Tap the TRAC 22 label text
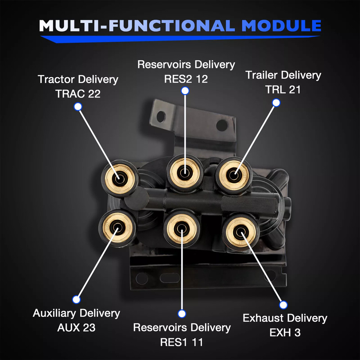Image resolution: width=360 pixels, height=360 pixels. tap(78, 93)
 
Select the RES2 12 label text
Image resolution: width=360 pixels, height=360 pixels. tap(186, 79)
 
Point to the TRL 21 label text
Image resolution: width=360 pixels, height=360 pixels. tap(283, 90)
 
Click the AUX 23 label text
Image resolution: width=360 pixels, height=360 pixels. tap(76, 327)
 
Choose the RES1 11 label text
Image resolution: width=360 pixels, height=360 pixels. tap(181, 342)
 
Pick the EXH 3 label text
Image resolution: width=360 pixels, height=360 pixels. tap(285, 333)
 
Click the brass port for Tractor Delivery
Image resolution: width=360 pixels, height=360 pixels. tap(120, 178)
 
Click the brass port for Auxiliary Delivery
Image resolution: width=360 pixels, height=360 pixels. tap(117, 227)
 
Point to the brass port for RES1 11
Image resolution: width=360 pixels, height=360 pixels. tap(181, 228)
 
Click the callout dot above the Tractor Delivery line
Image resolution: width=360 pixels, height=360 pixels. tap(78, 107)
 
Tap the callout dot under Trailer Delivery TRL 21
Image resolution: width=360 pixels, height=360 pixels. tap(276, 103)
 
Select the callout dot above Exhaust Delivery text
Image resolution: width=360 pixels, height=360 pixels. tap(283, 305)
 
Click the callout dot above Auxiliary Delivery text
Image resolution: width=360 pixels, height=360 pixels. tap(76, 300)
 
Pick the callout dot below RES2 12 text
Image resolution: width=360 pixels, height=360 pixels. tap(184, 90)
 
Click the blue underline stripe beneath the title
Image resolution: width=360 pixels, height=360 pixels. tap(180, 38)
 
